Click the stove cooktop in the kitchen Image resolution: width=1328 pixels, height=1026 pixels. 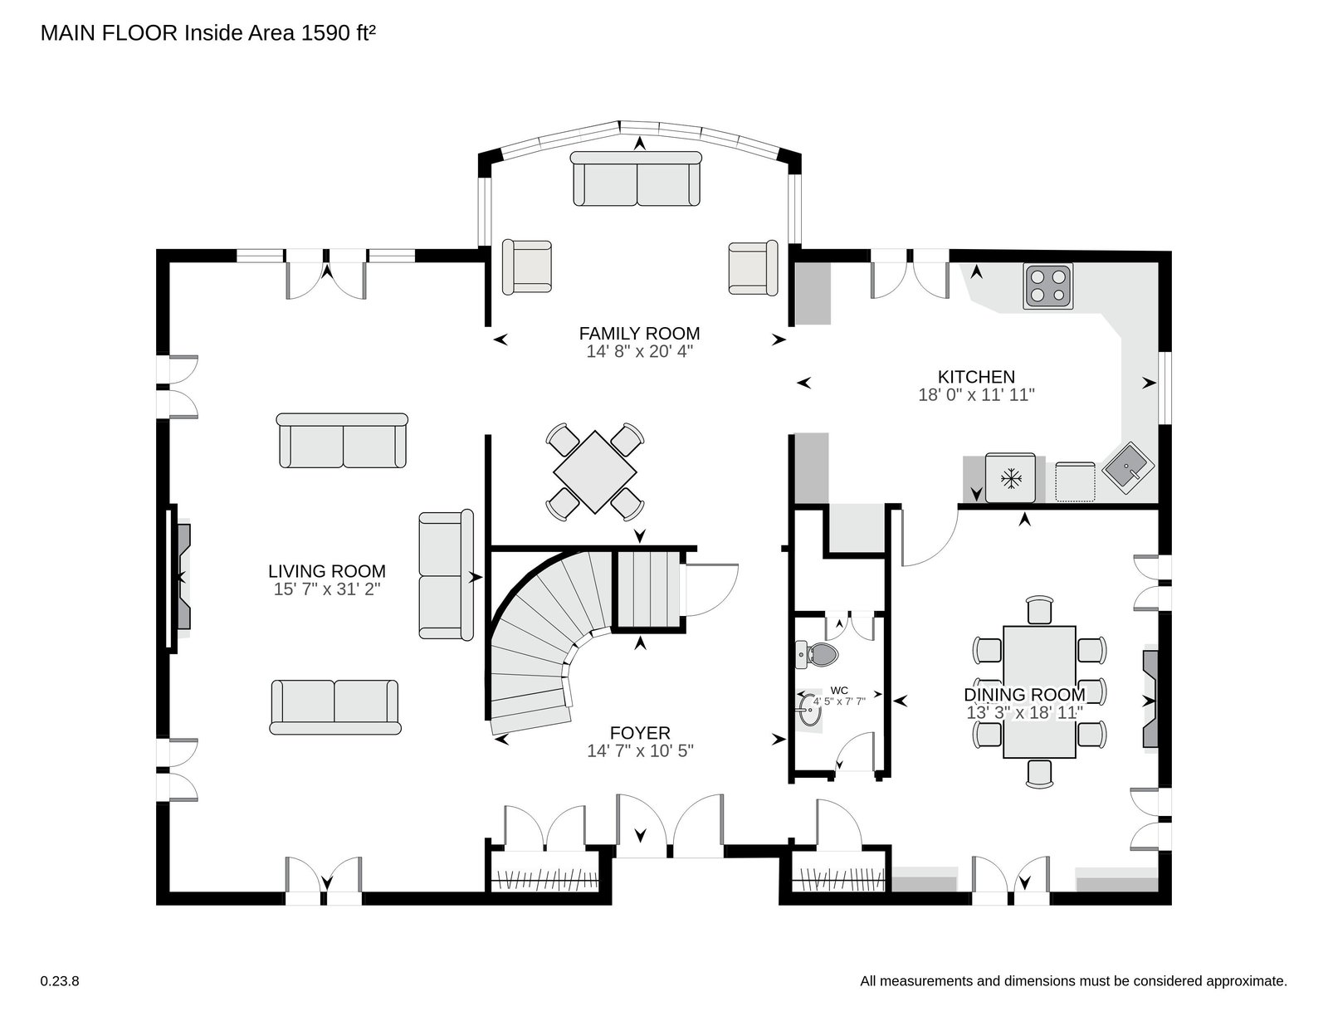1048,286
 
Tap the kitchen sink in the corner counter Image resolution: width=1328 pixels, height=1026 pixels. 1128,468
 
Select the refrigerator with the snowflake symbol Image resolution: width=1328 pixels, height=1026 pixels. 1011,478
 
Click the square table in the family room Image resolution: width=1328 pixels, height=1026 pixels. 594,471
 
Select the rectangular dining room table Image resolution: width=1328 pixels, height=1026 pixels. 1039,691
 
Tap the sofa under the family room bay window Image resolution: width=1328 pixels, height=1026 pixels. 636,178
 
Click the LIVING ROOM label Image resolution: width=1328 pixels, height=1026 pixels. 327,571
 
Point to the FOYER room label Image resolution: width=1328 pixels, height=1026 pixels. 640,733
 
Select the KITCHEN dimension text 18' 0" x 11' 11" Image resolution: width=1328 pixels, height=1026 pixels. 977,395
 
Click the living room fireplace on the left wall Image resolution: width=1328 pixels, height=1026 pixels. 178,579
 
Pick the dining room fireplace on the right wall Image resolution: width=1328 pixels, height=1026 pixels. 1150,699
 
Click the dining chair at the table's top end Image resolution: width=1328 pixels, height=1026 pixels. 1039,610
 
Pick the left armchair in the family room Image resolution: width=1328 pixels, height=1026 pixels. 527,267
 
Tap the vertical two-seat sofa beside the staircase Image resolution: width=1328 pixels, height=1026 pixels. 447,575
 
